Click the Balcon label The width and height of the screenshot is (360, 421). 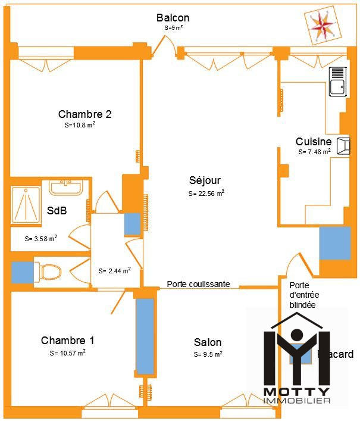[x=173, y=18]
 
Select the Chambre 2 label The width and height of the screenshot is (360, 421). [x=85, y=114]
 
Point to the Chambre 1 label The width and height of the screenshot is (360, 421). [x=68, y=341]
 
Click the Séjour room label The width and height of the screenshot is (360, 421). [x=205, y=180]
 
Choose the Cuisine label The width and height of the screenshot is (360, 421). [x=314, y=142]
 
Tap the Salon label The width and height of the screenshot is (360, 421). [x=208, y=342]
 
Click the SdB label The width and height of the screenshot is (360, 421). [x=57, y=211]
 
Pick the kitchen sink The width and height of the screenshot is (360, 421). [x=338, y=82]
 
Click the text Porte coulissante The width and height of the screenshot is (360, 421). [x=198, y=285]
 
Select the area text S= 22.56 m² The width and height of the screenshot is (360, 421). [x=206, y=194]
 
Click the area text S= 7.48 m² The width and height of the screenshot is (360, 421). [x=314, y=152]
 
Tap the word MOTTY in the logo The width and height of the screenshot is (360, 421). [x=296, y=392]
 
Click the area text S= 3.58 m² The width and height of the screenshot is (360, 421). [x=41, y=239]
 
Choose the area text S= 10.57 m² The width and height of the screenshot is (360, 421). [x=68, y=353]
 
